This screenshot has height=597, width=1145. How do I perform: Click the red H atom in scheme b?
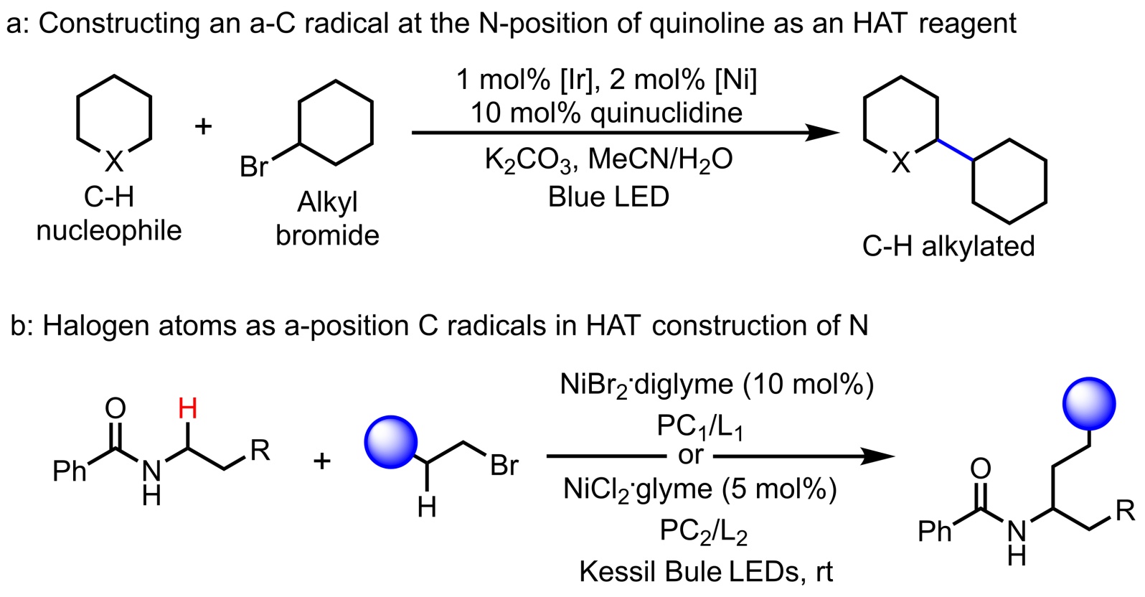coord(187,409)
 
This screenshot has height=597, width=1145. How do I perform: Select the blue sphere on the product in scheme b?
coord(1090,404)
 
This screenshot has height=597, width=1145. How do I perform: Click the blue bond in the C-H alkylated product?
coord(956,149)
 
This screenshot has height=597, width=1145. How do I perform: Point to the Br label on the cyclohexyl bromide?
coord(254,166)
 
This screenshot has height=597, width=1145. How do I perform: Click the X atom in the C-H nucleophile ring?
coord(114,162)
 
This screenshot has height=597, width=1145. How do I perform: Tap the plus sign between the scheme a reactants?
coord(204,126)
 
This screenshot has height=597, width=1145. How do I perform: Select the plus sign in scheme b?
coord(322,460)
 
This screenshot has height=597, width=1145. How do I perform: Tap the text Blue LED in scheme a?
coord(608,197)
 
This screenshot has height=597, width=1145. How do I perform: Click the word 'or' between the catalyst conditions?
coord(690,455)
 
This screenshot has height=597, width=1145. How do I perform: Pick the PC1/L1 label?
coord(699,427)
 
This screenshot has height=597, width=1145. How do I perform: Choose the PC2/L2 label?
coord(704,532)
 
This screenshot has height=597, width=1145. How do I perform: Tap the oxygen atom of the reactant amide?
coord(115,408)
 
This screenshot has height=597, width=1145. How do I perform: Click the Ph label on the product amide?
coord(934,531)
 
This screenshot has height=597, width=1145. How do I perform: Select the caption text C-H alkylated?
coord(948,246)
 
